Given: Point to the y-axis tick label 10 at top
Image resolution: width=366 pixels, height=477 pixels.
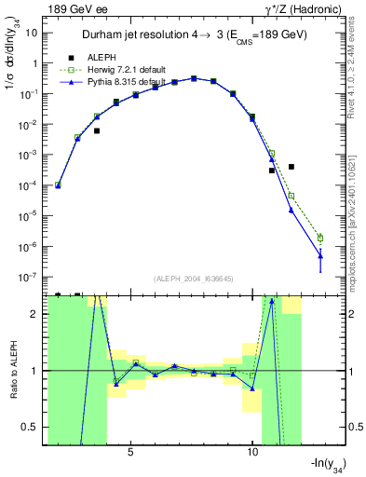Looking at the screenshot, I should click(32, 33).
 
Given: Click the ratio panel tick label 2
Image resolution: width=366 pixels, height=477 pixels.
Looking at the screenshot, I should click(35, 314).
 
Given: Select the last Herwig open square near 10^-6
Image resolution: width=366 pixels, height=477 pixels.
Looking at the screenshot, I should click(320, 238).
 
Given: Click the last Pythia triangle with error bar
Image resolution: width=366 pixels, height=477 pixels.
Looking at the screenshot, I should click(320, 255).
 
